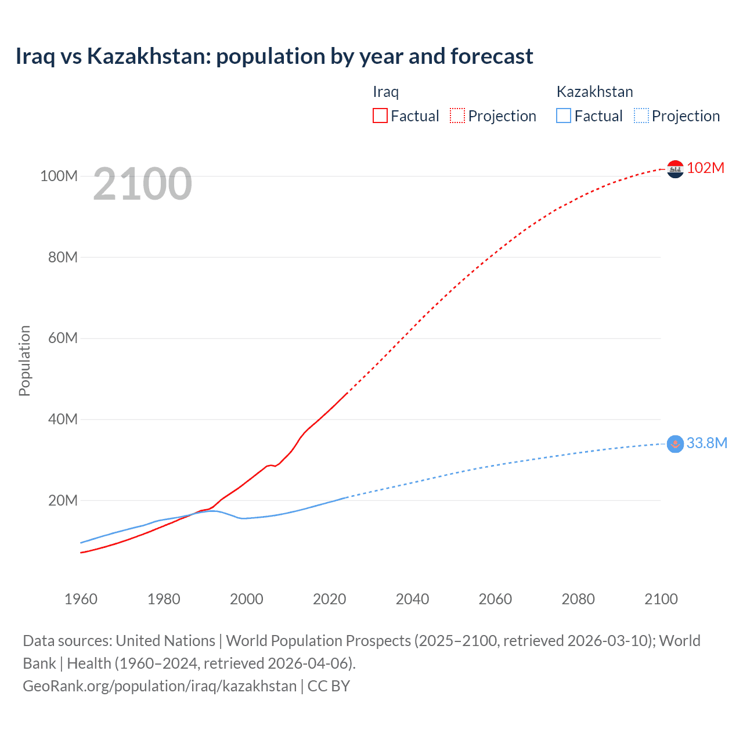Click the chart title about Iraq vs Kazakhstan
point(274,56)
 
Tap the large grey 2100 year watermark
point(142,184)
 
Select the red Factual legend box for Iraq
point(380,116)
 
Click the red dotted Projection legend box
point(457,116)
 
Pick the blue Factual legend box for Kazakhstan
point(564,116)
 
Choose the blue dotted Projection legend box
point(641,116)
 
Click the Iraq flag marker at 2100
point(675,169)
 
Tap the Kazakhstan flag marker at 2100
point(675,444)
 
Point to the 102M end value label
point(706,168)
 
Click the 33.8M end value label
point(707,443)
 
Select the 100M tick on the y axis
point(59,176)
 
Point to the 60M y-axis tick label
point(63,338)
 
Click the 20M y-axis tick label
point(63,500)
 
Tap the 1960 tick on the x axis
point(81,599)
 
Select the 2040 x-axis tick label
point(412,599)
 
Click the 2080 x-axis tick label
point(578,599)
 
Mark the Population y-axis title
point(24,360)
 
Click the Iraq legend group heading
point(385,92)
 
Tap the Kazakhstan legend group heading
point(594,92)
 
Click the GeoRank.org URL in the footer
point(160,686)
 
